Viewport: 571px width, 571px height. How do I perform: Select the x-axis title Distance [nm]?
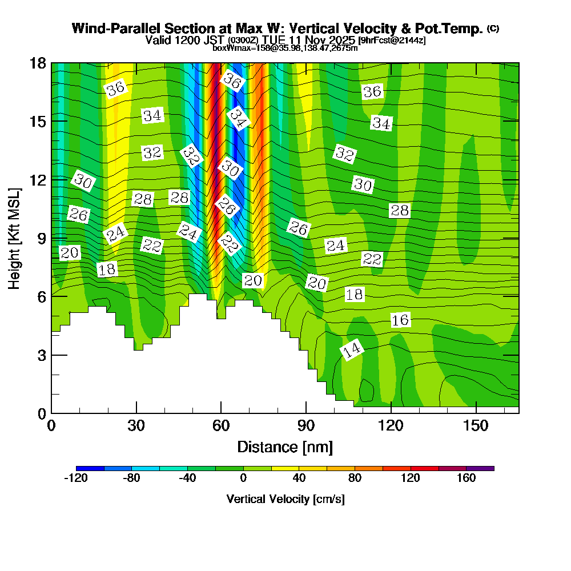pyautogui.click(x=285, y=447)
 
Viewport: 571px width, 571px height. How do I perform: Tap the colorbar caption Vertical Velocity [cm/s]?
pyautogui.click(x=285, y=499)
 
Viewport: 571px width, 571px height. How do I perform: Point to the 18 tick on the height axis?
pyautogui.click(x=37, y=63)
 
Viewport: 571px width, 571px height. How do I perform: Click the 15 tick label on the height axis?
pyautogui.click(x=37, y=121)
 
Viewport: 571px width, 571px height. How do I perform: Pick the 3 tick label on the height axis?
pyautogui.click(x=41, y=355)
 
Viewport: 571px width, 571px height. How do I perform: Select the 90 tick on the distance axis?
pyautogui.click(x=306, y=426)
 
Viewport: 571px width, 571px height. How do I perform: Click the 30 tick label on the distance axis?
pyautogui.click(x=136, y=426)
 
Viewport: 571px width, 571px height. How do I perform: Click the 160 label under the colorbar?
pyautogui.click(x=466, y=478)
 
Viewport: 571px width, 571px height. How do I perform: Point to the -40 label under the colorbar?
pyautogui.click(x=187, y=478)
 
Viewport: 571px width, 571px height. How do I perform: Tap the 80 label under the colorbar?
pyautogui.click(x=355, y=478)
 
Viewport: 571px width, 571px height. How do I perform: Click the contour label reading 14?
pyautogui.click(x=352, y=350)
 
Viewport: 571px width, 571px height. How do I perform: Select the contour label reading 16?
pyautogui.click(x=400, y=320)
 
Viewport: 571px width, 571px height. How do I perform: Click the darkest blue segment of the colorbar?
pyautogui.click(x=90, y=468)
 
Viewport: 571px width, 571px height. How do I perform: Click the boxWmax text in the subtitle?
pyautogui.click(x=228, y=48)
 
